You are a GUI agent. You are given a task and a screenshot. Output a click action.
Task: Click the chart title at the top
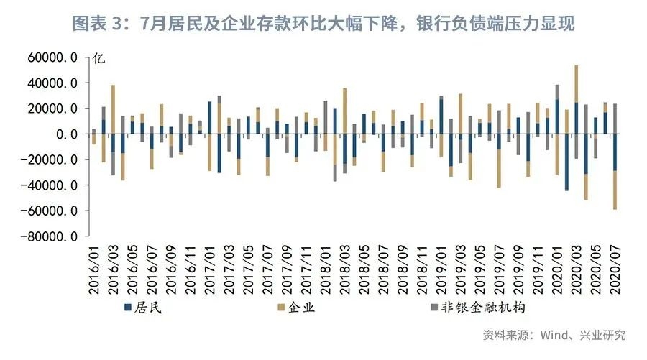[x=323, y=24]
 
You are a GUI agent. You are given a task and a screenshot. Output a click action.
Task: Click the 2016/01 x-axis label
[x=93, y=270]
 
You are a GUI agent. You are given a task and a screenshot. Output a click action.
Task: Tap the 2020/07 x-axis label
[x=615, y=270]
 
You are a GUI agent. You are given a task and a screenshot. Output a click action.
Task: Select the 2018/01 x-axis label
[x=325, y=270]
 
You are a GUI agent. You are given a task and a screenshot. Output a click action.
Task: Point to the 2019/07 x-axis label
[x=499, y=270]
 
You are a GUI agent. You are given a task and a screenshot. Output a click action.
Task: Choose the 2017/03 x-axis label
[x=229, y=270]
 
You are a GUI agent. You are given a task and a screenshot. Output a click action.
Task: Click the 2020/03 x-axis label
[x=577, y=270]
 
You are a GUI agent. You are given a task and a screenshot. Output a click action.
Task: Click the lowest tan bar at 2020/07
[x=615, y=190]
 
